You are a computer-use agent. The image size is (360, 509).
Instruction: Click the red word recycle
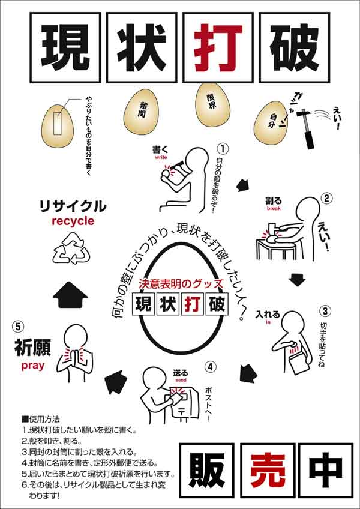tap(73, 221)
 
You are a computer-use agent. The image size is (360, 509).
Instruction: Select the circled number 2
tap(327, 198)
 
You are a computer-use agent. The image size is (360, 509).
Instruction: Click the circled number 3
tap(325, 311)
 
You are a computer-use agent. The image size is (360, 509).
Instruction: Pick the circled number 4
tap(211, 367)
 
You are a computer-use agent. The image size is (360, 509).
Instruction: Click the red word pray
tap(33, 366)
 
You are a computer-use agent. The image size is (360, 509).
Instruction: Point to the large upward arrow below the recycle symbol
tap(70, 295)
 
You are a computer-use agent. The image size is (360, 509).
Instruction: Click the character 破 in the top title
tap(294, 48)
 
